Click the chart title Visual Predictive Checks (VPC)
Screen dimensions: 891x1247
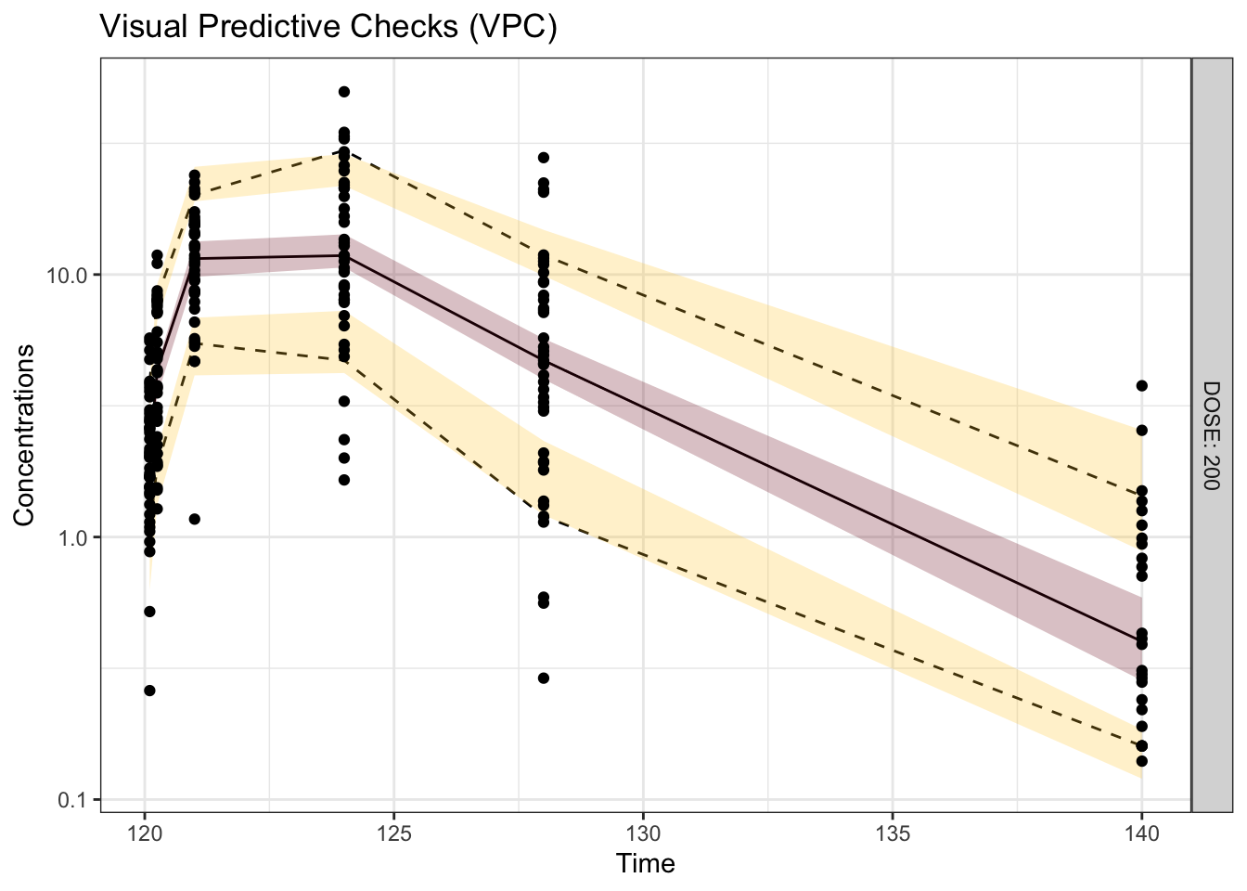328,27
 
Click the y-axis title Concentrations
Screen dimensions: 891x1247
24,434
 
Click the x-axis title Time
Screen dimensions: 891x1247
646,864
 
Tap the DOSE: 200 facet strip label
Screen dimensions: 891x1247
1212,434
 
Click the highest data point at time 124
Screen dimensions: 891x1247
344,92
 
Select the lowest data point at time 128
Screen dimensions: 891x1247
544,678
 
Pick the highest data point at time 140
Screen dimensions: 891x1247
1142,386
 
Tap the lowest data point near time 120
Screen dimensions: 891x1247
149,691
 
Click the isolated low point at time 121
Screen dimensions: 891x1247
195,519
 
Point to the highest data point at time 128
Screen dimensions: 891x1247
544,158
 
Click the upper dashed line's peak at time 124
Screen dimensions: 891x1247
344,150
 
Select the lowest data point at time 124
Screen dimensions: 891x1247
344,480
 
